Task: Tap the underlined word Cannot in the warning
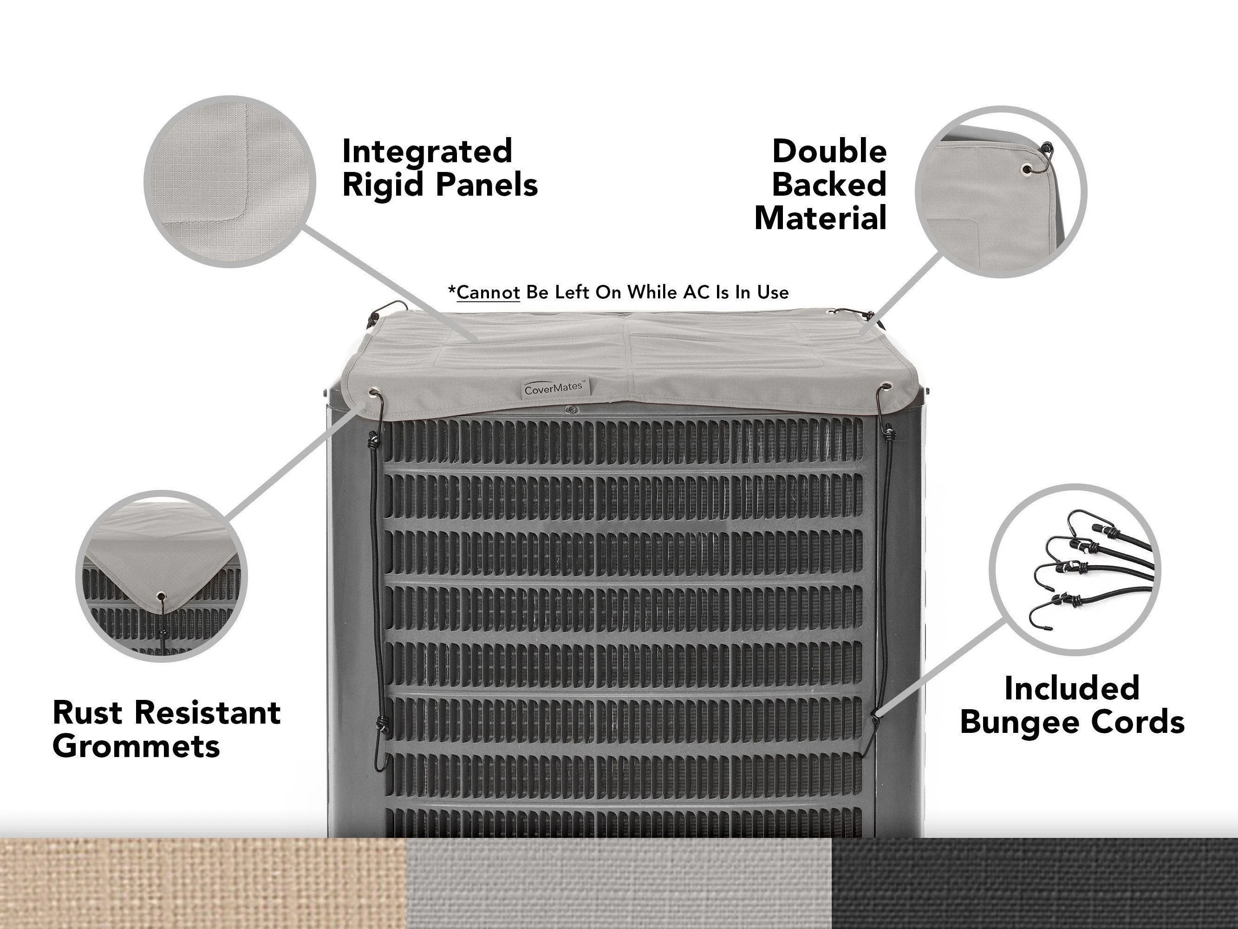[489, 292]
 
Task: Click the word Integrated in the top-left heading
[427, 151]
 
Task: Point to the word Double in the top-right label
[829, 151]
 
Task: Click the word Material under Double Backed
[821, 218]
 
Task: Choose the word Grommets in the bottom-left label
[137, 746]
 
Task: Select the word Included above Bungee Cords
[1072, 688]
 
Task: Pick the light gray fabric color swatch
[619, 883]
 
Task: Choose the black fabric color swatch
[1035, 883]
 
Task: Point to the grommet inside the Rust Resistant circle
[161, 596]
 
